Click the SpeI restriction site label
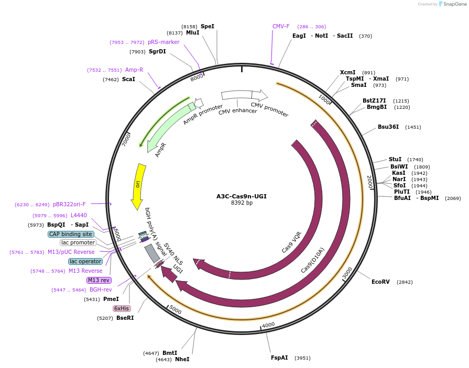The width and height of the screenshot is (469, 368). point(208,26)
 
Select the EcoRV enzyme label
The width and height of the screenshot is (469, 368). point(381,282)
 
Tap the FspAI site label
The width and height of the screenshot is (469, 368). point(279,358)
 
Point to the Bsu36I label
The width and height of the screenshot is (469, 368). point(388,127)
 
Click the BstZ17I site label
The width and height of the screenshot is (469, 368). point(374,101)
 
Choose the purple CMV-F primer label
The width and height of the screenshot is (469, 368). point(281,26)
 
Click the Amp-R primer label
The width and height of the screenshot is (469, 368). point(134,70)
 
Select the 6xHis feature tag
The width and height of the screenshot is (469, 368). point(122,308)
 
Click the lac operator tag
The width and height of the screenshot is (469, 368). point(85,261)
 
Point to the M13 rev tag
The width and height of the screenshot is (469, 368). point(99,280)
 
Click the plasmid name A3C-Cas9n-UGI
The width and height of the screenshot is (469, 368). point(242,196)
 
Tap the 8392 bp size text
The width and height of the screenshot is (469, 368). point(242,203)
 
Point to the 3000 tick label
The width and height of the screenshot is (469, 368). point(347,273)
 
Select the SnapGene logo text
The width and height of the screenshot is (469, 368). point(454,4)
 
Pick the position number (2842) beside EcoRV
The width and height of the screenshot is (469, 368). point(405,282)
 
